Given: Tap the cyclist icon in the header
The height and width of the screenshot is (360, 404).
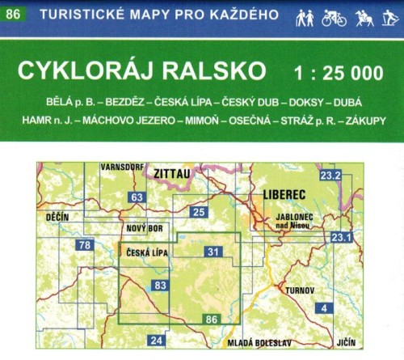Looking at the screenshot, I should pyautogui.click(x=334, y=17).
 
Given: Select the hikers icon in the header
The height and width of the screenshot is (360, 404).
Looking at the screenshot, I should pyautogui.click(x=305, y=17).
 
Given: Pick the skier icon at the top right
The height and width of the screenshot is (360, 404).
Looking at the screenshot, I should pyautogui.click(x=389, y=17).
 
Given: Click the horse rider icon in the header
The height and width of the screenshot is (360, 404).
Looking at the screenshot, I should pyautogui.click(x=362, y=17).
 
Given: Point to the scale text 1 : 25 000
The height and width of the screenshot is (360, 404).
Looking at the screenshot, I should pyautogui.click(x=339, y=72).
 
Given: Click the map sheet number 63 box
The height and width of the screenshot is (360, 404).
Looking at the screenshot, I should pyautogui.click(x=137, y=197).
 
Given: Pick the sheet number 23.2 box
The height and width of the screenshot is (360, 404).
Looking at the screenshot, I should pyautogui.click(x=330, y=176).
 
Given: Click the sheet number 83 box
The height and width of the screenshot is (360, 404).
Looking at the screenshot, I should pyautogui.click(x=160, y=285).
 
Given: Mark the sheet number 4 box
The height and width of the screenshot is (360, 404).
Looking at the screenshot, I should pyautogui.click(x=324, y=307).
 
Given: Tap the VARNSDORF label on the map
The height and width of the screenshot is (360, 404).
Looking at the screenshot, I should pyautogui.click(x=120, y=167).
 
